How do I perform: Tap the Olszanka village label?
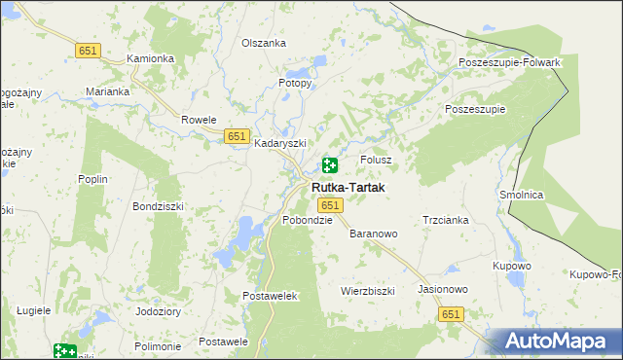tap(264, 43)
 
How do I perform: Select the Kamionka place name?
tap(151, 58)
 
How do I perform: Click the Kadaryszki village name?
tap(280, 143)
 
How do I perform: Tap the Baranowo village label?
tap(374, 234)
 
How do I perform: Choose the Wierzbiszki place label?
tap(367, 291)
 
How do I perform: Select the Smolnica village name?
tap(521, 195)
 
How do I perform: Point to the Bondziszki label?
tap(159, 207)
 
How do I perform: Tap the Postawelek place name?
tap(269, 295)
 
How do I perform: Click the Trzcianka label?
tap(446, 220)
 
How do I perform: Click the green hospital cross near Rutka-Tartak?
tap(330, 166)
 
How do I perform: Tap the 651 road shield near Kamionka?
tap(88, 50)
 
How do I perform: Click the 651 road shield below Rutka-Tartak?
tap(330, 205)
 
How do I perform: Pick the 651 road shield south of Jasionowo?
tap(451, 314)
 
